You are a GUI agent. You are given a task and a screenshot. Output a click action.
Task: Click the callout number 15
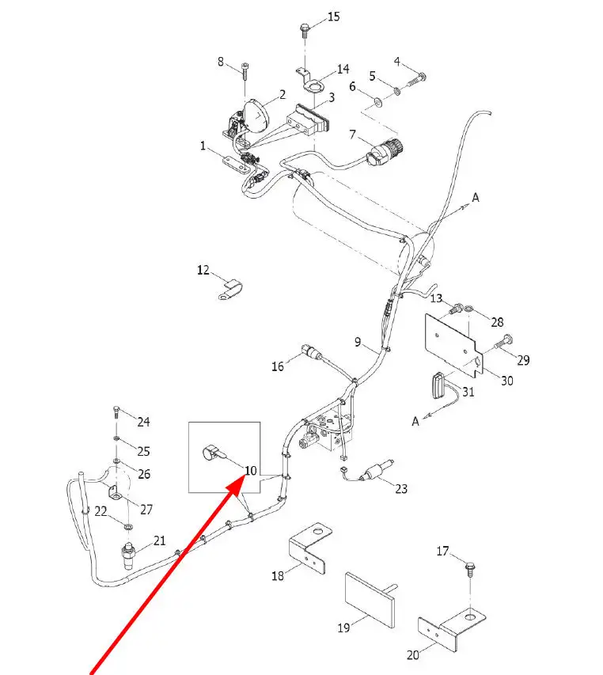click(x=333, y=17)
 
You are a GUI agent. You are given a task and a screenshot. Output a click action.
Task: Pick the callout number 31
click(x=468, y=392)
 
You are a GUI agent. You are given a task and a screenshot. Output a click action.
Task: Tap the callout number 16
click(x=277, y=366)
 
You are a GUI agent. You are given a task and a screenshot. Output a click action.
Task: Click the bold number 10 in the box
click(x=250, y=471)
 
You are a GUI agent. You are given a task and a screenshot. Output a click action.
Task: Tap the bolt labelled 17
click(x=470, y=568)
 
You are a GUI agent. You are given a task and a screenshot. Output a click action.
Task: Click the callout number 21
click(x=160, y=540)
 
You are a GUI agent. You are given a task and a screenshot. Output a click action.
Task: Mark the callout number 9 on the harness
click(x=358, y=342)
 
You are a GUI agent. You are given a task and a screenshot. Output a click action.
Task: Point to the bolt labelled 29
click(x=503, y=344)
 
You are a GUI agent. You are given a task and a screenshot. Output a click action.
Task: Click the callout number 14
click(x=343, y=70)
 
